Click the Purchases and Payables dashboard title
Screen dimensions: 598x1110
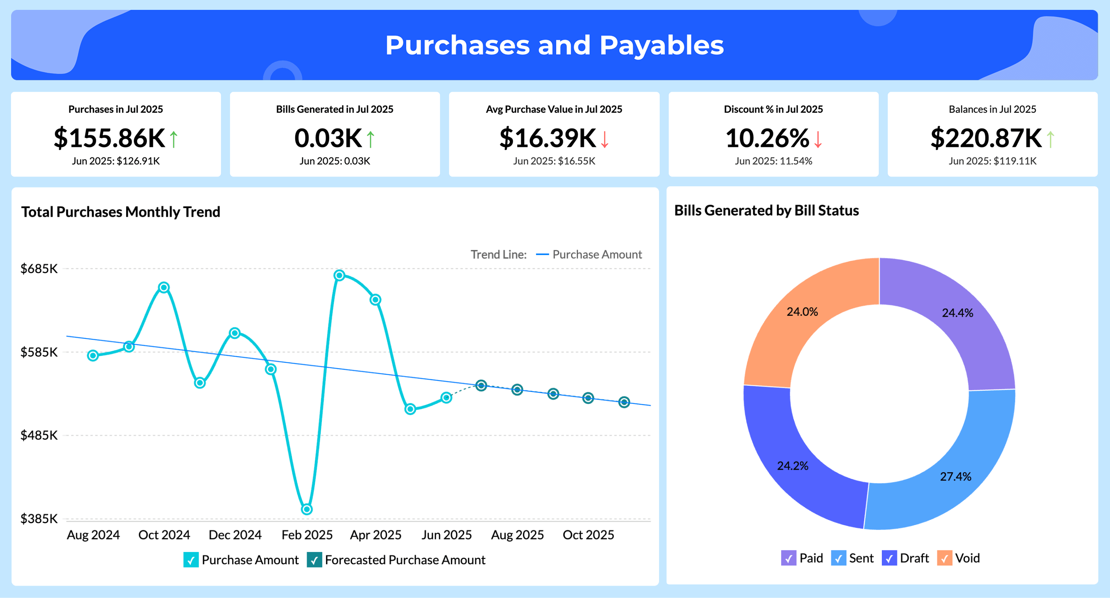point(554,45)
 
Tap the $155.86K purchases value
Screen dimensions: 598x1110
point(109,138)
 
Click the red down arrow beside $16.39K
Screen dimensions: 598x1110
point(605,139)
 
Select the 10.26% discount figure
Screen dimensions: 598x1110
point(767,138)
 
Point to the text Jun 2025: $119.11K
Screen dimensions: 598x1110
point(992,161)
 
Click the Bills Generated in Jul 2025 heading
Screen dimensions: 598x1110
point(334,109)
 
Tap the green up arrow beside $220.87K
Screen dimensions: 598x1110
point(1050,139)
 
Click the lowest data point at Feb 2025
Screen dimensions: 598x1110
point(306,509)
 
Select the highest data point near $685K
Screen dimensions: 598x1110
point(339,275)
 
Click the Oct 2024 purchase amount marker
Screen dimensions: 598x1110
point(164,287)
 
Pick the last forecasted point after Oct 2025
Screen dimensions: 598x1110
point(624,402)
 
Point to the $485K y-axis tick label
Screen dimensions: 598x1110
point(39,435)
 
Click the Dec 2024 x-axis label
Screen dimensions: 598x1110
point(235,535)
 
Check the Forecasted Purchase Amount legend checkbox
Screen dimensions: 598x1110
point(314,560)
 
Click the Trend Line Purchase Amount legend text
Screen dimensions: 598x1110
point(597,255)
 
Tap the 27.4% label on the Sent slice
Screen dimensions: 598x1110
point(955,476)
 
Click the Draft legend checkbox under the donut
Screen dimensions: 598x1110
point(889,559)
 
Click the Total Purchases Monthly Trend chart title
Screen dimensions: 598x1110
point(120,212)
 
